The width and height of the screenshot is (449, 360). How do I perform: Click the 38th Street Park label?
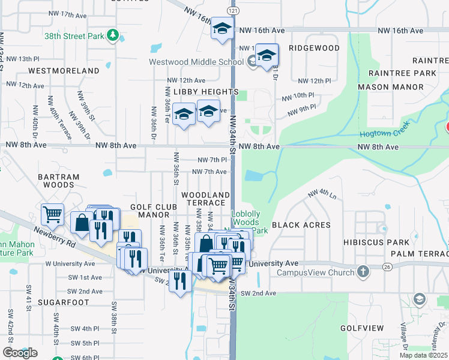[74, 36]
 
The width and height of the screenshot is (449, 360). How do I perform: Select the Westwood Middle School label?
[196, 62]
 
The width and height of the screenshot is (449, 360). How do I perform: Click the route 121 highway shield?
[233, 11]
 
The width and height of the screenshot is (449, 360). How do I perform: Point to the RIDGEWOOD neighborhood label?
[314, 48]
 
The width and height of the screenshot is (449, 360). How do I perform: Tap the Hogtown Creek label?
[379, 135]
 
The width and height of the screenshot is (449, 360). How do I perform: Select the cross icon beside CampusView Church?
[363, 272]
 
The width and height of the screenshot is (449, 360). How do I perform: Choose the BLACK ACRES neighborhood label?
[301, 225]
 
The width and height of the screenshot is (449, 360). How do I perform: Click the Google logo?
[20, 353]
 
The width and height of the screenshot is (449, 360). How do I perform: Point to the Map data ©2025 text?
[423, 355]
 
